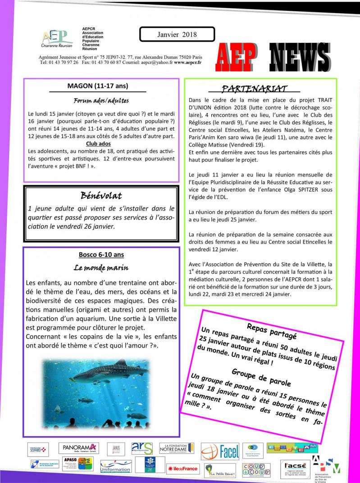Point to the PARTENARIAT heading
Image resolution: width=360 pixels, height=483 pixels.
point(261,89)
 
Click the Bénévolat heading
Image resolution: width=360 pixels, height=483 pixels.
point(101,196)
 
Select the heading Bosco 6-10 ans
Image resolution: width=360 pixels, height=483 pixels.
point(101,255)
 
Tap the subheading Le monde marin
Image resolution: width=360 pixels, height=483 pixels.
point(101,268)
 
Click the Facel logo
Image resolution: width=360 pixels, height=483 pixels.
point(220,451)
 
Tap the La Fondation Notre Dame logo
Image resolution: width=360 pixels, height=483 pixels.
point(176,448)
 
